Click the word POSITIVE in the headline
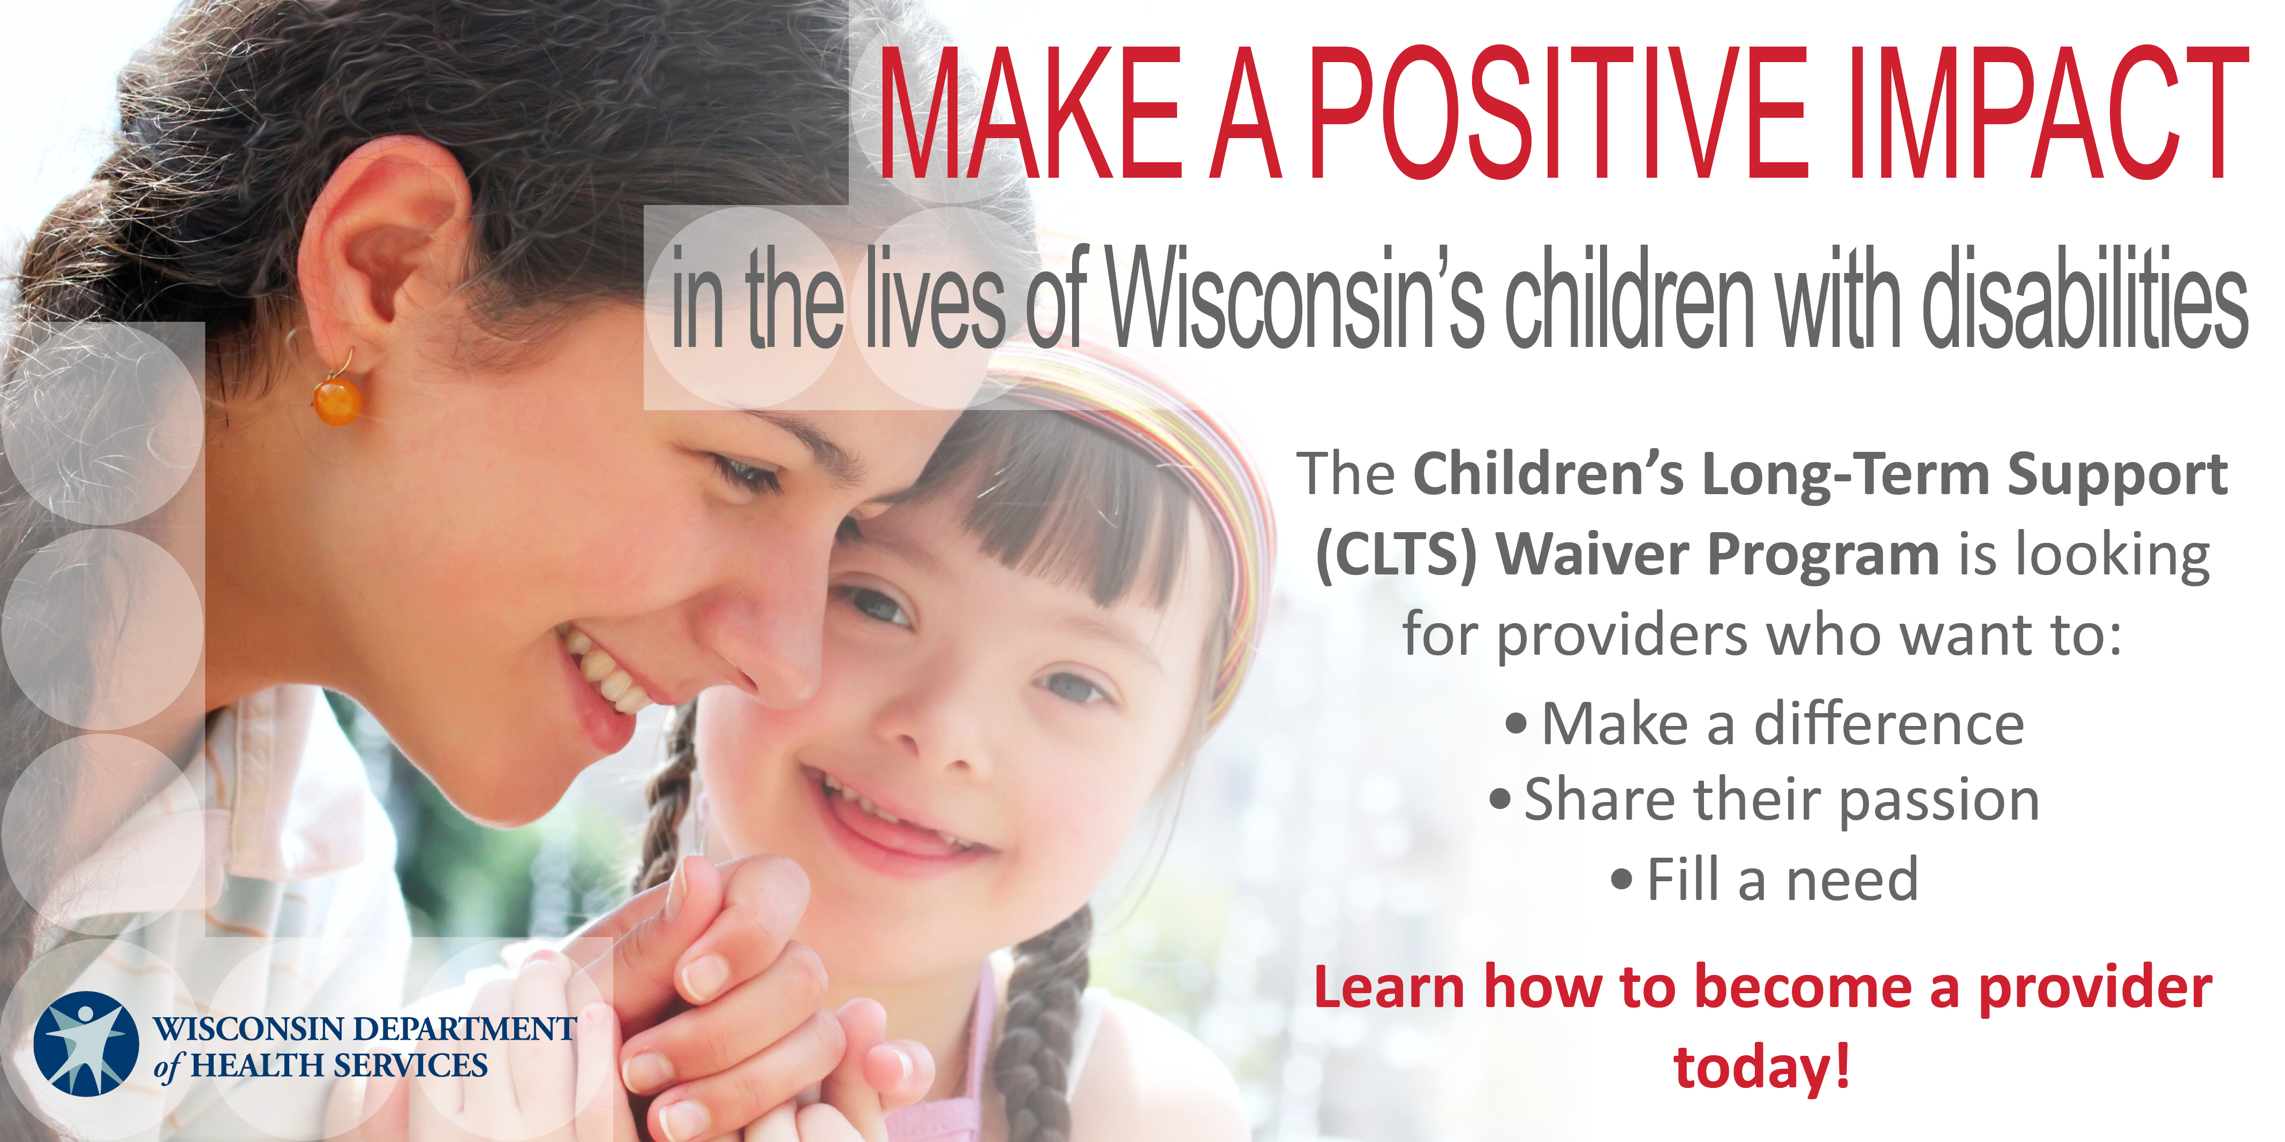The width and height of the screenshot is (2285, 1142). pyautogui.click(x=1558, y=112)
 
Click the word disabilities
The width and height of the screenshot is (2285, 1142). pyautogui.click(x=2085, y=297)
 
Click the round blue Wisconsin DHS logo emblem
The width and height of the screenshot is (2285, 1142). pyautogui.click(x=86, y=1043)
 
